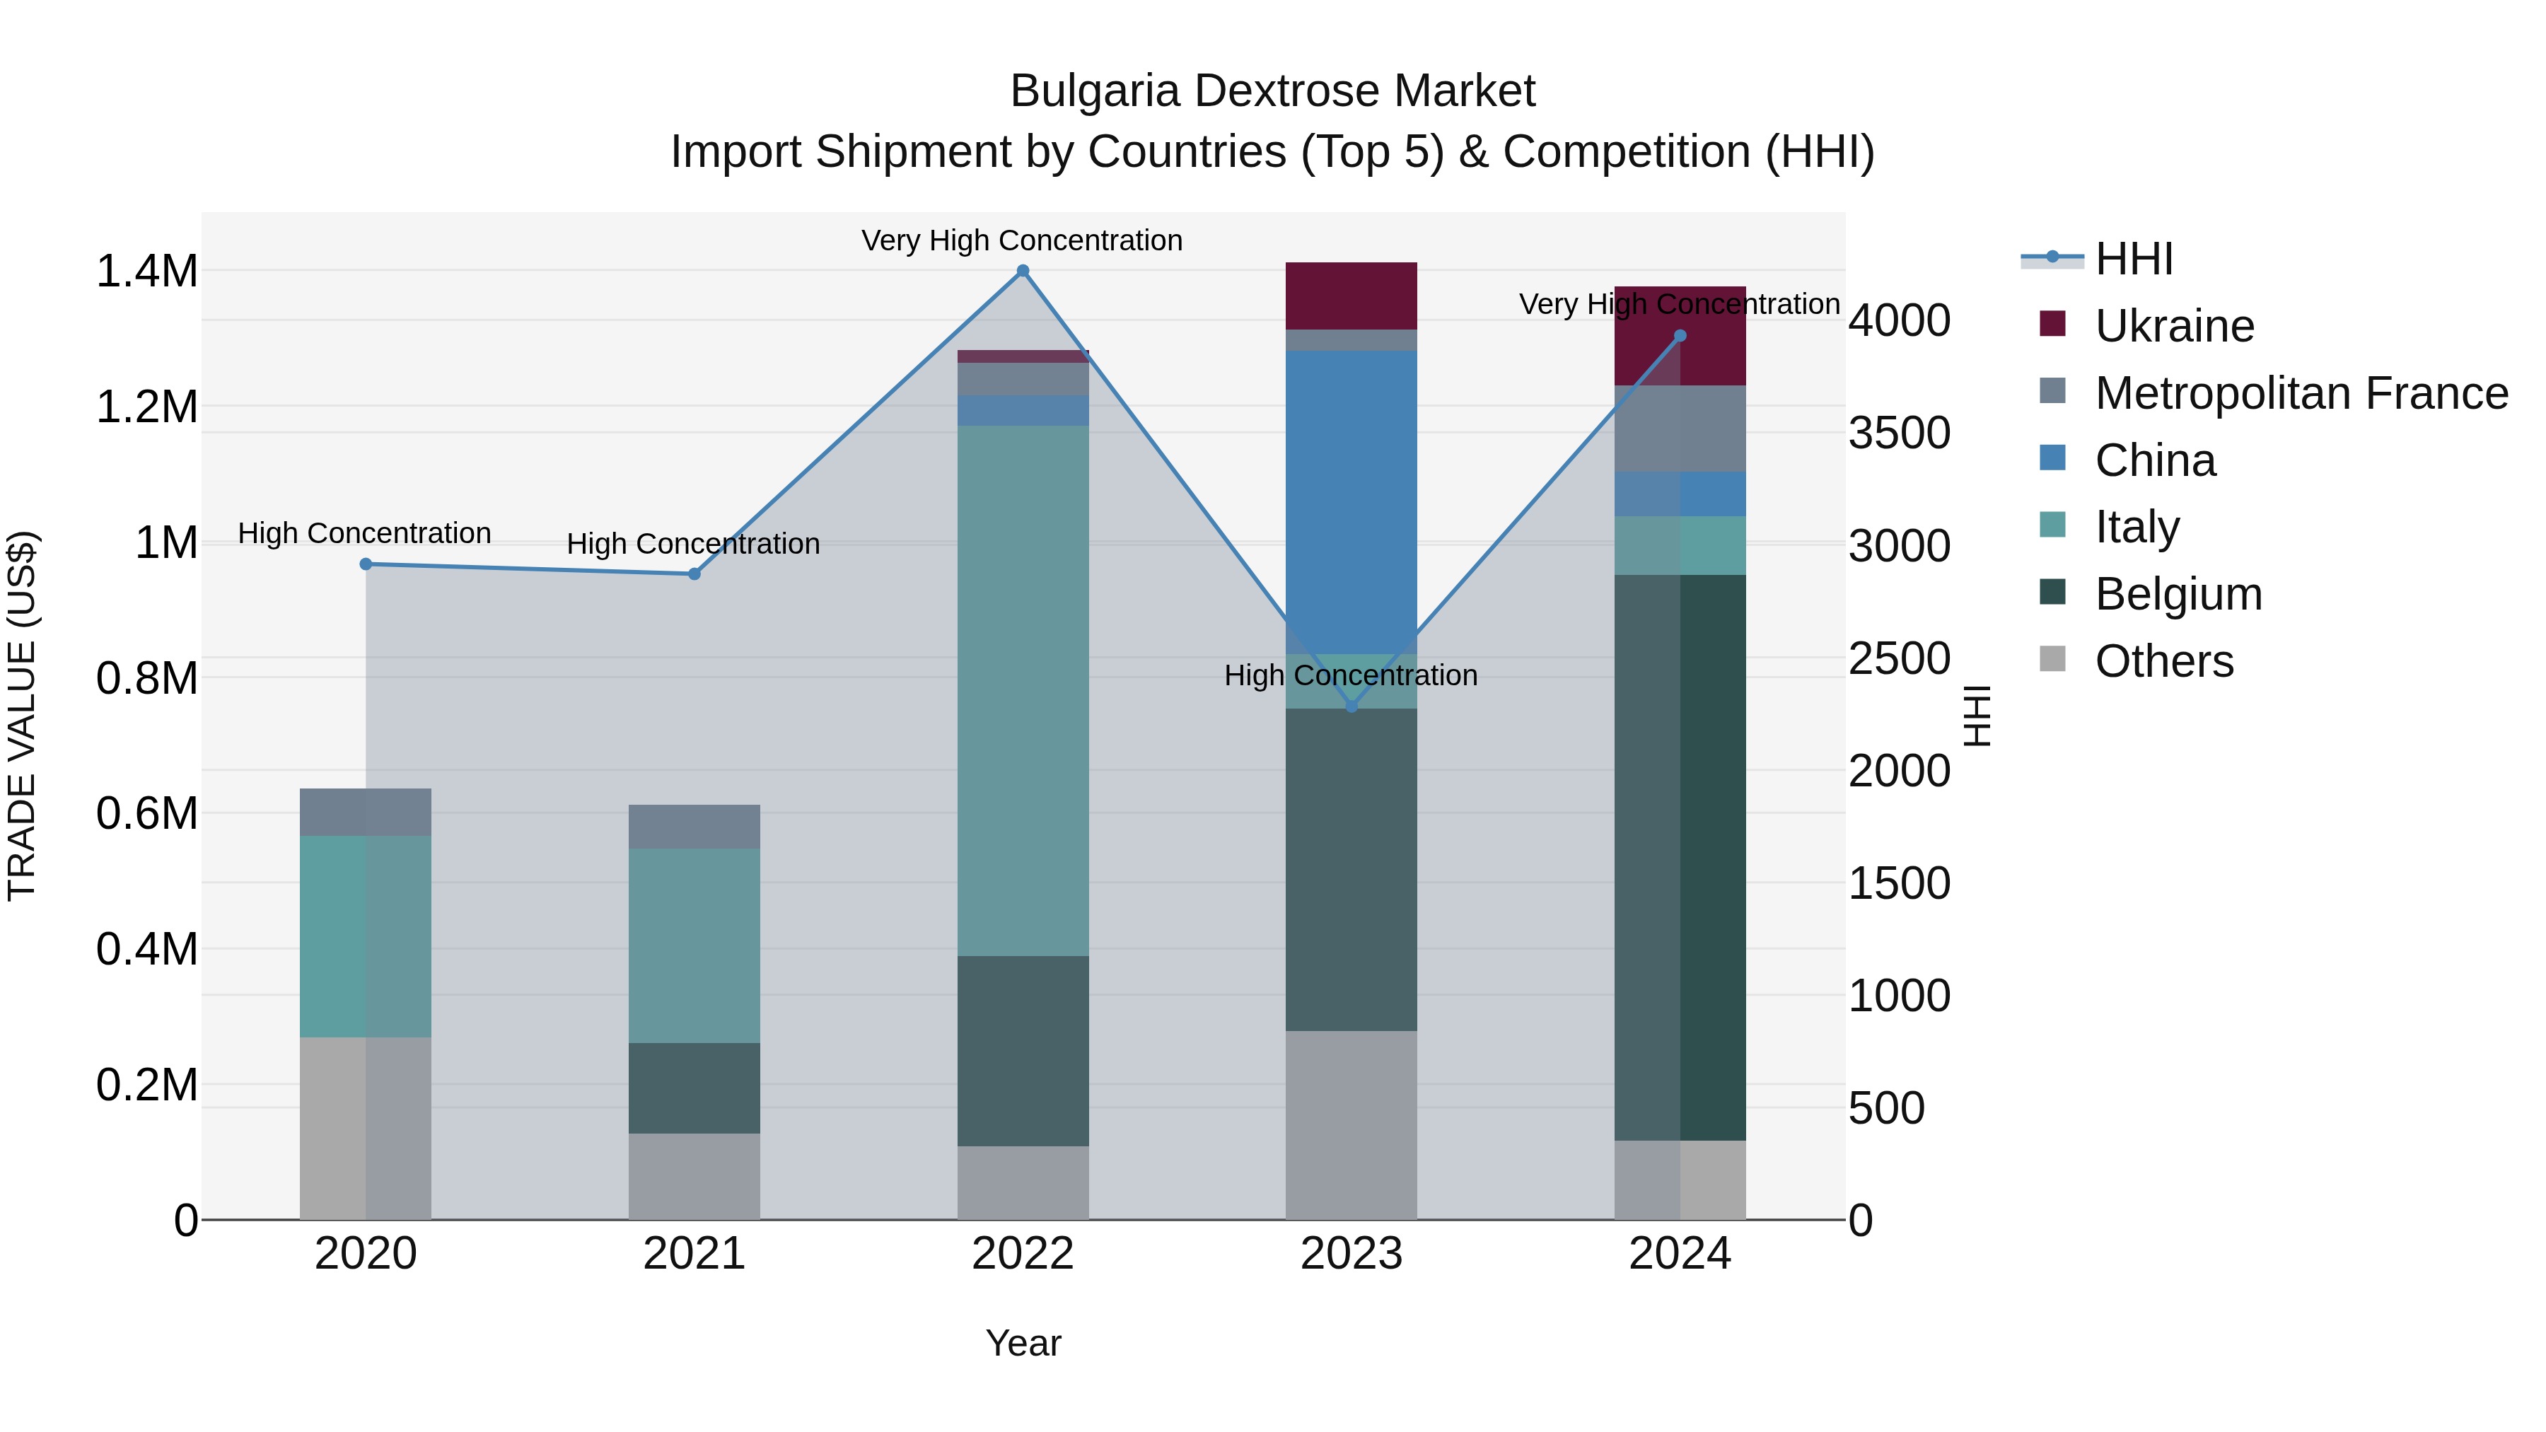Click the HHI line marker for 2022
coord(1023,271)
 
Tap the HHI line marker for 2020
coord(366,564)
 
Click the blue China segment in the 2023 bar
coord(1351,502)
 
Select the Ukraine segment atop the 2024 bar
coord(1680,336)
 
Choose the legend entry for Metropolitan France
coord(2300,393)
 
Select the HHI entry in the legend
coord(2134,259)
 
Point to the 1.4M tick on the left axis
coord(146,272)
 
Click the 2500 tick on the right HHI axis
coord(1899,658)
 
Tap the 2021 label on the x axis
coord(694,1254)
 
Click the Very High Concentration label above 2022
coord(1021,240)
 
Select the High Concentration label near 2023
coord(1350,675)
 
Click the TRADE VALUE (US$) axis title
coord(22,716)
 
